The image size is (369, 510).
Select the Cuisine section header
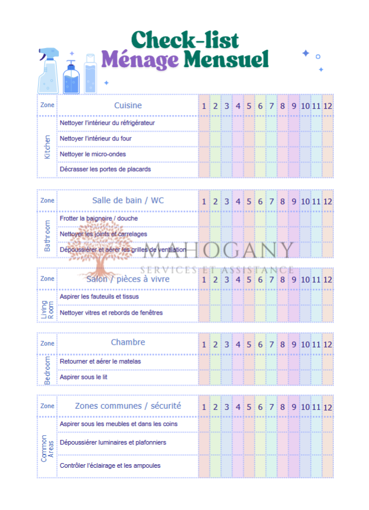pyautogui.click(x=128, y=105)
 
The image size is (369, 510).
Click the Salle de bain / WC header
pyautogui.click(x=128, y=200)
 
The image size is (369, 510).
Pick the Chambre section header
pyautogui.click(x=128, y=342)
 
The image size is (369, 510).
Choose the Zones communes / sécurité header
pyautogui.click(x=128, y=406)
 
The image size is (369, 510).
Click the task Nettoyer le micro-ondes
pyautogui.click(x=93, y=154)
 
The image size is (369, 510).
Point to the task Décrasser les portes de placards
pyautogui.click(x=105, y=169)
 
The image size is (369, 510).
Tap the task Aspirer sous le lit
pyautogui.click(x=83, y=377)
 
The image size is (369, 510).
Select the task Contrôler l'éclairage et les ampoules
pyautogui.click(x=110, y=465)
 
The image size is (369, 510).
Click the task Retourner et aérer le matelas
pyautogui.click(x=100, y=361)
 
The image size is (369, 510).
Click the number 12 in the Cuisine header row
pyautogui.click(x=328, y=106)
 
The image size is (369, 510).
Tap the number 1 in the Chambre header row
pyautogui.click(x=204, y=344)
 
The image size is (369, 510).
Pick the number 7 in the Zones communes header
pyautogui.click(x=271, y=406)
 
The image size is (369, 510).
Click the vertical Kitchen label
pyautogui.click(x=47, y=147)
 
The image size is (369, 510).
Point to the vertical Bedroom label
pyautogui.click(x=47, y=370)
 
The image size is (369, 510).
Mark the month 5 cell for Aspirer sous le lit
pyautogui.click(x=249, y=377)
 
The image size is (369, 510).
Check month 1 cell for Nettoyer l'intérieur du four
pyautogui.click(x=204, y=139)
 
